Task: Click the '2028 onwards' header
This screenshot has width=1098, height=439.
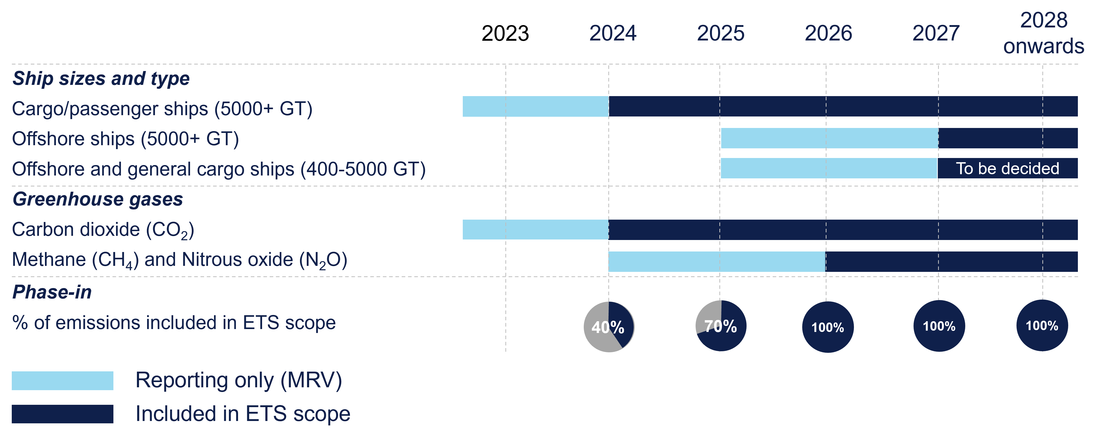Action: (x=1043, y=33)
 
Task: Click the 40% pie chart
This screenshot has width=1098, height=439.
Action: (x=609, y=327)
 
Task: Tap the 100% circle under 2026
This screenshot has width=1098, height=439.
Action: (x=828, y=327)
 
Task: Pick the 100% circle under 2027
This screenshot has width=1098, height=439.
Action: (x=939, y=326)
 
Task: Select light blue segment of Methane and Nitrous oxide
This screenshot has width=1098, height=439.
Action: (x=716, y=261)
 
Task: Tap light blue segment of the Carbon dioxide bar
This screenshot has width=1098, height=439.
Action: (x=535, y=230)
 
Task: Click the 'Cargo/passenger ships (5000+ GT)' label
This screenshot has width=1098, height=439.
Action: (x=162, y=109)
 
